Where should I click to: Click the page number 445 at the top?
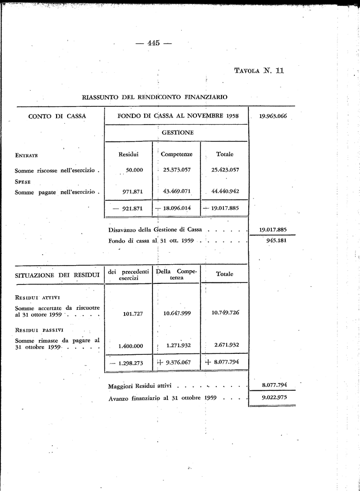tap(153, 43)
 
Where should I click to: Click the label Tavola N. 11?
tap(259, 70)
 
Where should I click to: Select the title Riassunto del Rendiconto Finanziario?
tap(154, 97)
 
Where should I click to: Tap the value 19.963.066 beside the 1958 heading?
tap(272, 116)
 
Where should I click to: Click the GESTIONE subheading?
tap(177, 132)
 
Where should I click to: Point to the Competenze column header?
tap(176, 154)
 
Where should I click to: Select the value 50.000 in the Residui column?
tap(134, 170)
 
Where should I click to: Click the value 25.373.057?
tap(177, 170)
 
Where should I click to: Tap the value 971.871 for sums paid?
tap(134, 192)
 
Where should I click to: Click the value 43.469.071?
tap(177, 191)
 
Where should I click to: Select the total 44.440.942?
tap(225, 191)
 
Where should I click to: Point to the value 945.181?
tap(276, 240)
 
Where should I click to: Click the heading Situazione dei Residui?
tap(57, 275)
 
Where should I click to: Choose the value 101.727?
tap(134, 314)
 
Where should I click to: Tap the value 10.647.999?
tap(177, 313)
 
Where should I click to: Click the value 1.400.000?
tap(130, 346)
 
